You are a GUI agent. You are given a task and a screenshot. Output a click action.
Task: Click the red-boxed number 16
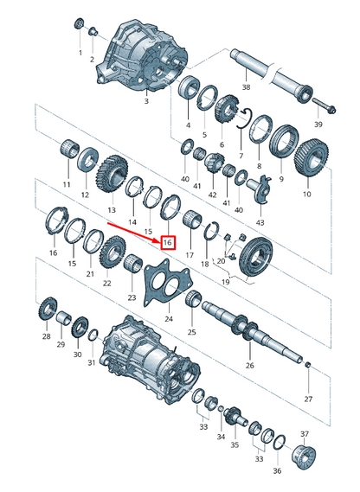(168, 244)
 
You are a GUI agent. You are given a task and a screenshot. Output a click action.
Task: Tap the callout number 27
(308, 400)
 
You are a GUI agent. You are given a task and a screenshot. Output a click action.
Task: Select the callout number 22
(107, 284)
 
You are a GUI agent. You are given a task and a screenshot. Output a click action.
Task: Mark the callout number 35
(233, 448)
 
